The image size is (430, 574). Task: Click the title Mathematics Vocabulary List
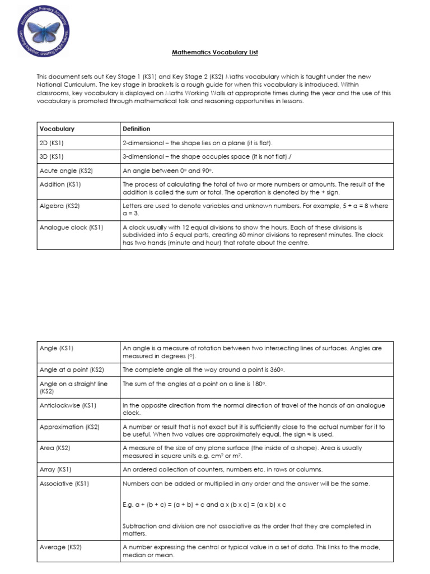pyautogui.click(x=214, y=52)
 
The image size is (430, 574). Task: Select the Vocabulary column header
pyautogui.click(x=57, y=129)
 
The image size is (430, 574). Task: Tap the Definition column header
pyautogui.click(x=137, y=129)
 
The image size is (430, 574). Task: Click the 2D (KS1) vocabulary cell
pyautogui.click(x=52, y=143)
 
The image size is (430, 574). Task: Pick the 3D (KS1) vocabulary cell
pyautogui.click(x=52, y=156)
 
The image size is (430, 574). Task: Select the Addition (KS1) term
pyautogui.click(x=60, y=184)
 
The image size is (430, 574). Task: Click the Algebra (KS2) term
pyautogui.click(x=59, y=206)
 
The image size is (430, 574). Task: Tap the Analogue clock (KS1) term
pyautogui.click(x=71, y=228)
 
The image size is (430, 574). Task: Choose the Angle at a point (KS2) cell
pyautogui.click(x=72, y=369)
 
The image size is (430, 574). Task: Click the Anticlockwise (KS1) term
pyautogui.click(x=68, y=405)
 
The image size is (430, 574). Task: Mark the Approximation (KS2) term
pyautogui.click(x=69, y=427)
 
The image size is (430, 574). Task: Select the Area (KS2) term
pyautogui.click(x=55, y=448)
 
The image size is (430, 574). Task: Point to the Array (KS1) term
pyautogui.click(x=55, y=469)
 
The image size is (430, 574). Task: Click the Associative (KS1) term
pyautogui.click(x=64, y=483)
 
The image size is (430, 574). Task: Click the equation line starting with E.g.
pyautogui.click(x=204, y=504)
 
